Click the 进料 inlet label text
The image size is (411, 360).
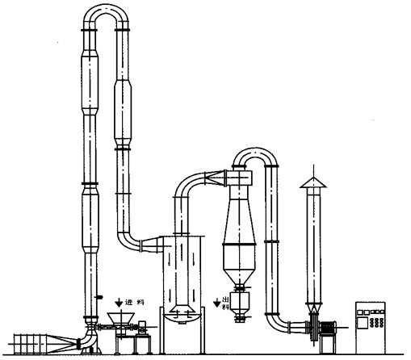135,303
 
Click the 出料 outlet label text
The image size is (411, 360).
226,303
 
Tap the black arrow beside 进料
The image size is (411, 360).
119,303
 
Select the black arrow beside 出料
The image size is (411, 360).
217,303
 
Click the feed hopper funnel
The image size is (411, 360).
121,319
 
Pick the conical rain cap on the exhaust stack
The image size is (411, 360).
313,182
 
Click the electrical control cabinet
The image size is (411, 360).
371,328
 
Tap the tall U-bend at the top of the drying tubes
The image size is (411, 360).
106,14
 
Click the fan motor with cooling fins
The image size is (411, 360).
327,328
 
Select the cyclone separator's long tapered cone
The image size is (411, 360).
239,220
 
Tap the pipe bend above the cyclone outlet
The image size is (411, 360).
255,155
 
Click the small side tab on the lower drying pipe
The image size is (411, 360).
99,297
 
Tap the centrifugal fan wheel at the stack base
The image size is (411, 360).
313,328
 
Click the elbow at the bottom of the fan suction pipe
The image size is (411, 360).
277,323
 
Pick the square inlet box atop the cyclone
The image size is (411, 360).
239,178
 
